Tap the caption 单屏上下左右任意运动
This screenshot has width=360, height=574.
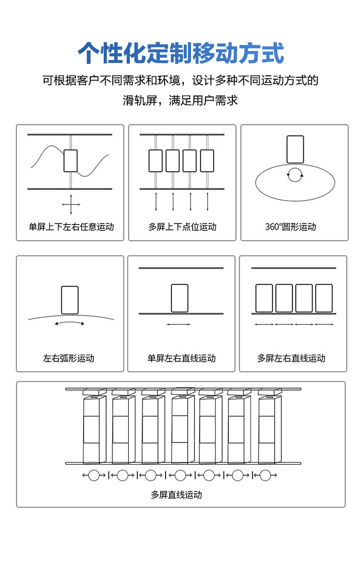[71, 227]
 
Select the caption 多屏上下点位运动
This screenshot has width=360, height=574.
[182, 227]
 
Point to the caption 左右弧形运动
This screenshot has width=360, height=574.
[69, 358]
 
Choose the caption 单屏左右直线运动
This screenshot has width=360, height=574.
[181, 358]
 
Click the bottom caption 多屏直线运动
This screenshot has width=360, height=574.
[176, 495]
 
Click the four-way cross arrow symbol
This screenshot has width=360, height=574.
[71, 205]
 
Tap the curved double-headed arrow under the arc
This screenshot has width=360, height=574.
[70, 323]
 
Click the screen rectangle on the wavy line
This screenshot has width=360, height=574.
[71, 161]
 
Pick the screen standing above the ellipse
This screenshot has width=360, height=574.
[295, 149]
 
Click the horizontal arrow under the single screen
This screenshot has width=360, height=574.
[179, 324]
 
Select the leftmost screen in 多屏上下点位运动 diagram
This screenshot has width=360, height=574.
[156, 161]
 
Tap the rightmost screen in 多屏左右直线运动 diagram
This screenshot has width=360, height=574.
[324, 298]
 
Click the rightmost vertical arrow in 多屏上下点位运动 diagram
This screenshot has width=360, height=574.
[207, 202]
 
